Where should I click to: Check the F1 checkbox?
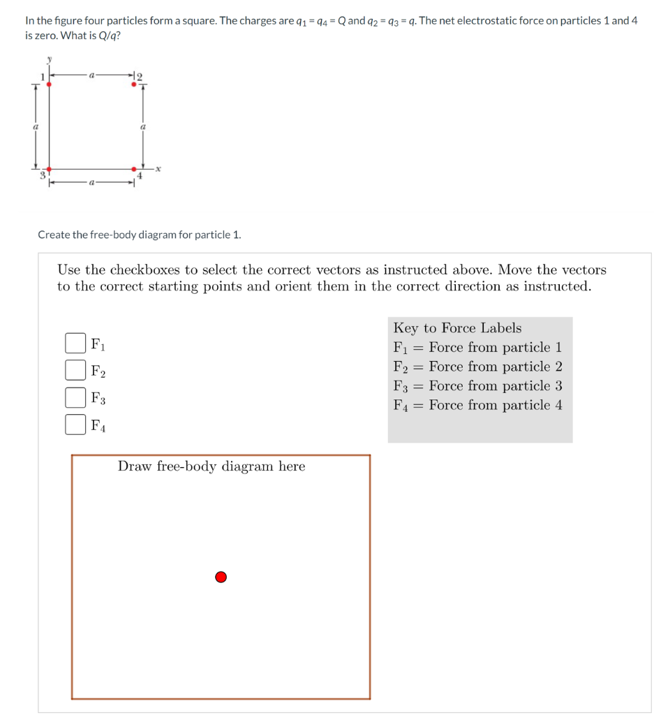(x=75, y=343)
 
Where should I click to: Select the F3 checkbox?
(x=75, y=397)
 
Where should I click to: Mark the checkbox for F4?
(x=75, y=424)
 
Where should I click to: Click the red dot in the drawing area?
(x=221, y=577)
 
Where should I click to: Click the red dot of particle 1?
(x=48, y=84)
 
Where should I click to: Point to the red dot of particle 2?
(x=134, y=84)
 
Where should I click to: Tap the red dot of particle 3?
(x=48, y=169)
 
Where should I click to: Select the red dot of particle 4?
(x=134, y=169)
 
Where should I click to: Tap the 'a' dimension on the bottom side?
(x=91, y=183)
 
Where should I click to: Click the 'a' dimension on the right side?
(x=144, y=126)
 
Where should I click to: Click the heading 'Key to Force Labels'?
(x=457, y=328)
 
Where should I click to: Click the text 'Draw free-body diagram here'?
(x=211, y=466)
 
